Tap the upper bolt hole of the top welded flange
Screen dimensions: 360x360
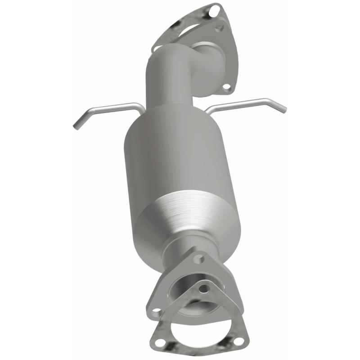[220, 28]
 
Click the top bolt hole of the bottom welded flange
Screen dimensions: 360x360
[198, 259]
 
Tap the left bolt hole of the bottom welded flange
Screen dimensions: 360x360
[156, 311]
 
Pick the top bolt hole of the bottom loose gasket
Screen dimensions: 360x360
[204, 288]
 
